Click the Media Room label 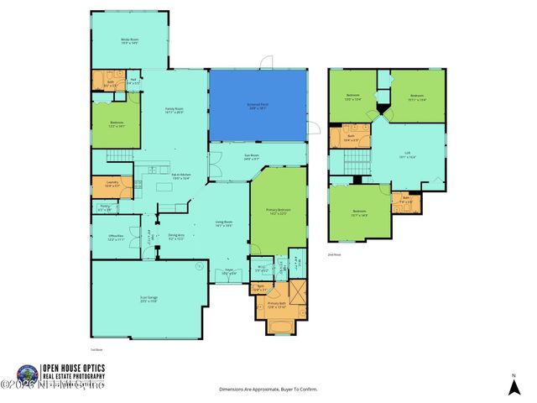128,41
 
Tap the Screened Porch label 257,106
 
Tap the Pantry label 105,208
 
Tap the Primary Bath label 278,304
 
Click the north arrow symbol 514,385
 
